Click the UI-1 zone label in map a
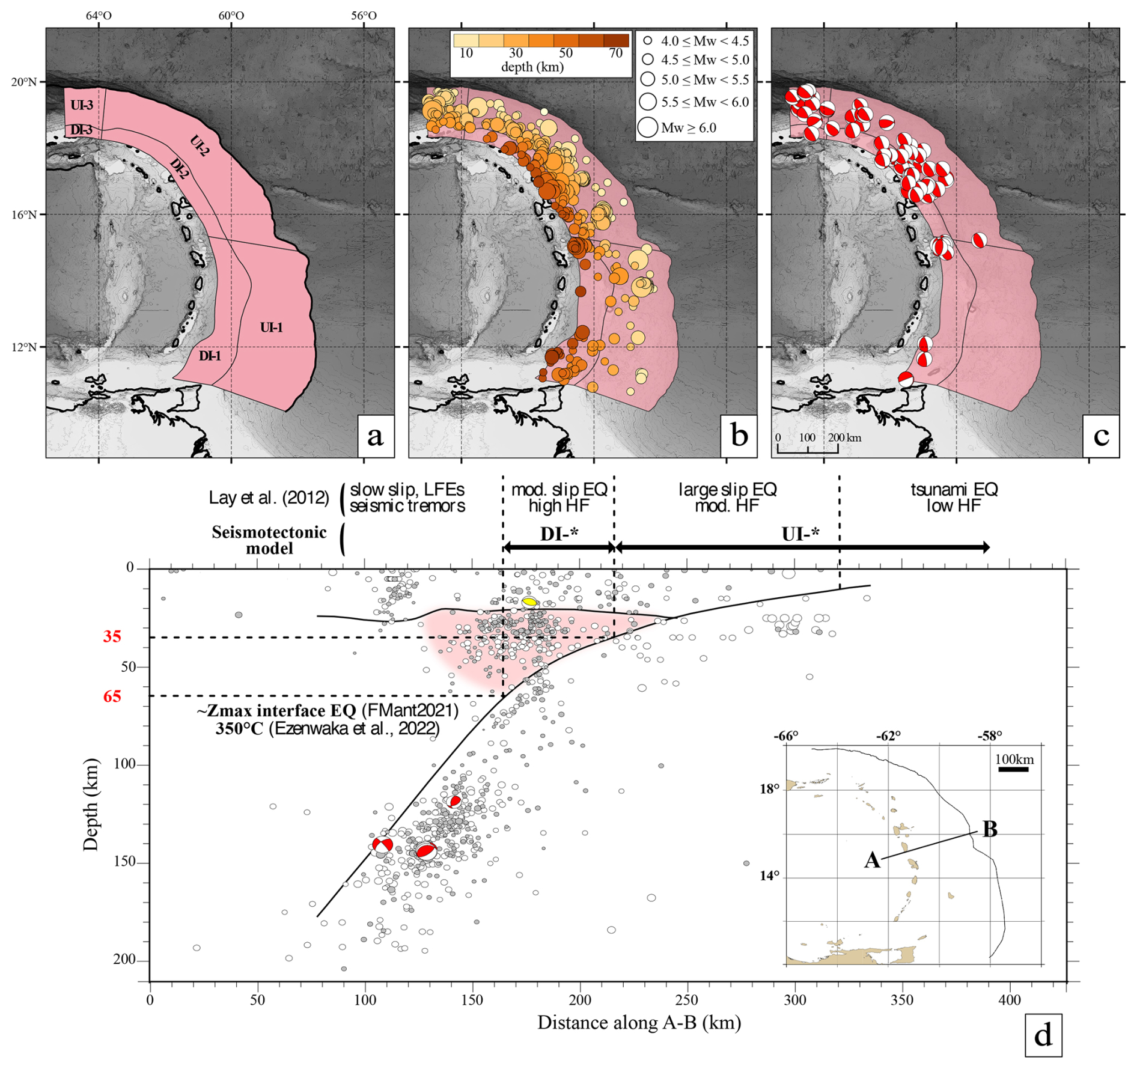pyautogui.click(x=271, y=327)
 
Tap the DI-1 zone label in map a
pyautogui.click(x=210, y=356)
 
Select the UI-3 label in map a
pyautogui.click(x=82, y=105)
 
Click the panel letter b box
pyautogui.click(x=739, y=436)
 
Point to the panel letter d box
pyautogui.click(x=1043, y=1035)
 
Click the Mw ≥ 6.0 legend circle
pyautogui.click(x=647, y=127)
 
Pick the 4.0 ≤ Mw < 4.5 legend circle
pyautogui.click(x=647, y=41)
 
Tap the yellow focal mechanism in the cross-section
pyautogui.click(x=529, y=602)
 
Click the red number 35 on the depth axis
pyautogui.click(x=112, y=636)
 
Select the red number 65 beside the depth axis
pyautogui.click(x=112, y=696)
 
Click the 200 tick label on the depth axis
pyautogui.click(x=124, y=960)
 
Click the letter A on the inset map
pyautogui.click(x=872, y=860)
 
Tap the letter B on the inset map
pyautogui.click(x=989, y=829)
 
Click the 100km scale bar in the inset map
pyautogui.click(x=1014, y=769)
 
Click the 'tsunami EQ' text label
pyautogui.click(x=954, y=489)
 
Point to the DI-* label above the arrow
pyautogui.click(x=559, y=534)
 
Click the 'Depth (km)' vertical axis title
pyautogui.click(x=91, y=805)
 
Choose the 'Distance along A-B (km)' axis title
pyautogui.click(x=639, y=1022)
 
